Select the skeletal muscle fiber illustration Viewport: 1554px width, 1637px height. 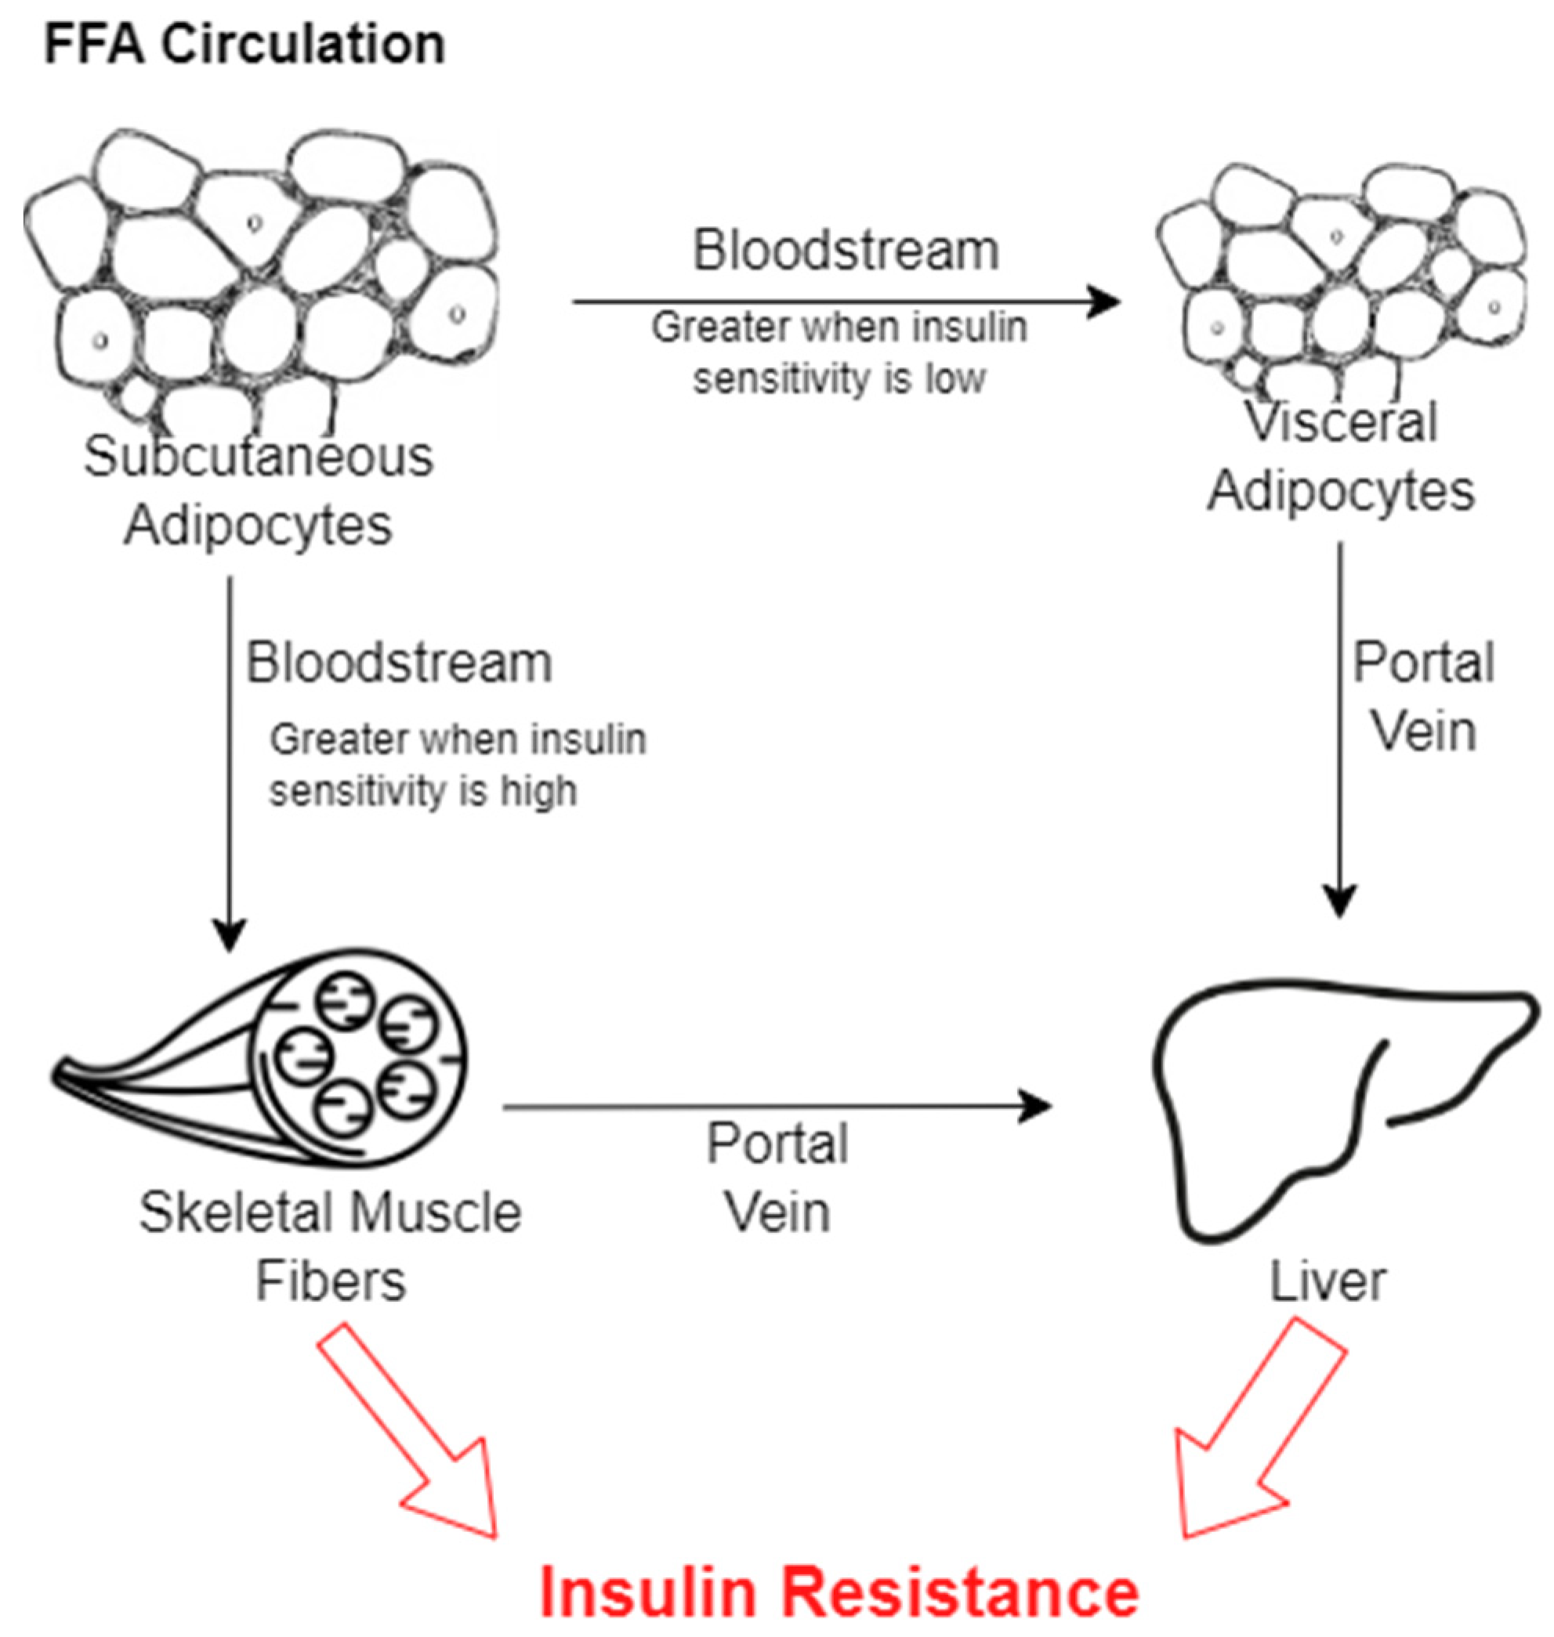[273, 1060]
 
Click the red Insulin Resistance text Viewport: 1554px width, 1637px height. [839, 1592]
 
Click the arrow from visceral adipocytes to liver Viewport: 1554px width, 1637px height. [1340, 728]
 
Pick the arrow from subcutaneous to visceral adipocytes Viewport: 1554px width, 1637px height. [845, 302]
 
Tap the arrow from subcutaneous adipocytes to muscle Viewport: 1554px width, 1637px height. [230, 762]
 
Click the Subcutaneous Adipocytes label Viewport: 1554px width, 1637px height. [259, 490]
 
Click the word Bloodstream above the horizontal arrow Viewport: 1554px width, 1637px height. [846, 250]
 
